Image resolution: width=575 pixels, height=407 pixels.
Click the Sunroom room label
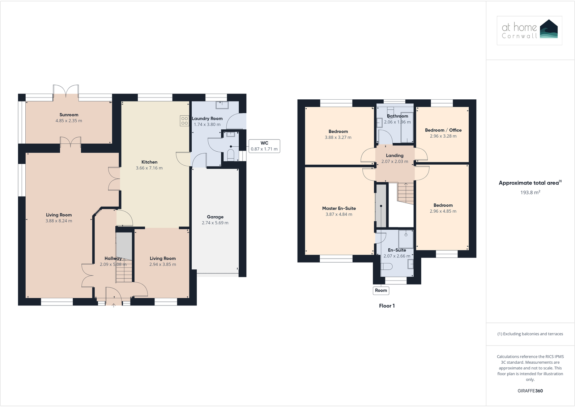(69, 115)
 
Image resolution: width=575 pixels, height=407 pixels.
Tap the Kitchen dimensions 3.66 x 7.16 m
(149, 168)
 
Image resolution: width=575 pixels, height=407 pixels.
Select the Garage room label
(215, 217)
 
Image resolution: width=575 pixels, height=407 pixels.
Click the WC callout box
(264, 146)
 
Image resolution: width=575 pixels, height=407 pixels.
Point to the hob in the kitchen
(184, 121)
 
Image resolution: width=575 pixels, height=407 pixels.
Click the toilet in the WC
(230, 155)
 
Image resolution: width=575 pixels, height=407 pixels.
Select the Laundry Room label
(207, 118)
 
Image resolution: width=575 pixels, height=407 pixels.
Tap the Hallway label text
(113, 259)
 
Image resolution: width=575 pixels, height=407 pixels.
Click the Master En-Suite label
(339, 208)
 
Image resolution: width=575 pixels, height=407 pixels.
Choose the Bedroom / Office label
(443, 130)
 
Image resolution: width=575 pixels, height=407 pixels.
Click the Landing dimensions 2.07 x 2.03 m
(395, 162)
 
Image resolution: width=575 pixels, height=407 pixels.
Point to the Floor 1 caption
(387, 306)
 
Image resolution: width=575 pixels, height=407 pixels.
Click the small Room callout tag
(381, 290)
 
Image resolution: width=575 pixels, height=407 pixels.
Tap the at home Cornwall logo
(529, 30)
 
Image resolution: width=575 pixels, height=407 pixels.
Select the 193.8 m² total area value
(530, 192)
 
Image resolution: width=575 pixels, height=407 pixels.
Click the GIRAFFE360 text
(530, 391)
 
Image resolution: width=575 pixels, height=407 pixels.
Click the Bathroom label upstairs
(397, 116)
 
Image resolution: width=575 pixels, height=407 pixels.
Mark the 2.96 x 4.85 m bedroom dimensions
(443, 211)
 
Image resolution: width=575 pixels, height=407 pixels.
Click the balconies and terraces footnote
(530, 334)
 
